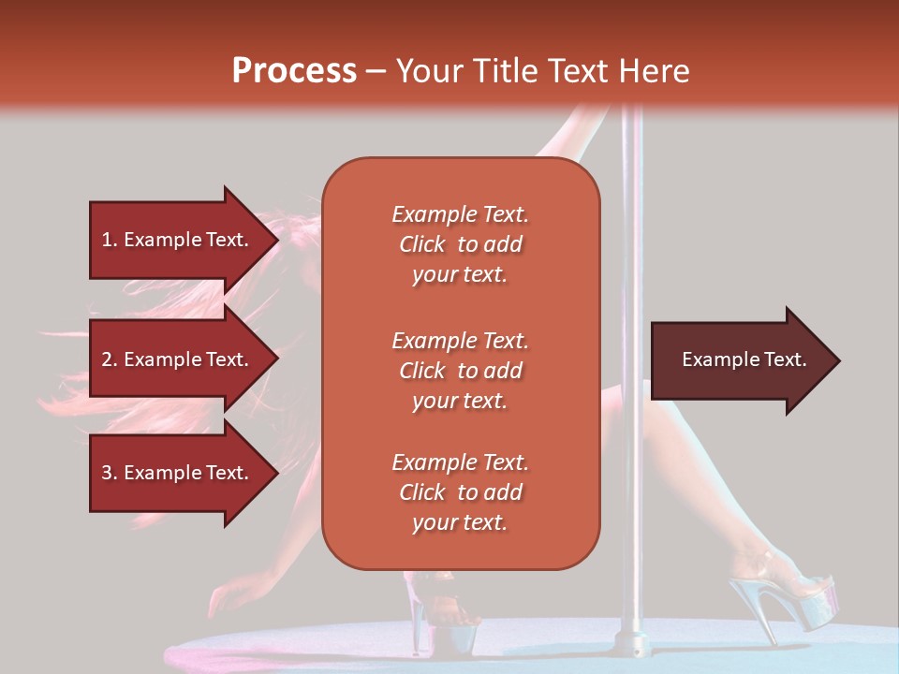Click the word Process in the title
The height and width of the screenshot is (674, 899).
[294, 71]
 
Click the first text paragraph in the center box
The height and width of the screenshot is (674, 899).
[460, 244]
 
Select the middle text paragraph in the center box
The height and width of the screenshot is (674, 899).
[460, 371]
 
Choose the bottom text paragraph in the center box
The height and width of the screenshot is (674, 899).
[460, 492]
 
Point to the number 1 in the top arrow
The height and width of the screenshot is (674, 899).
[106, 240]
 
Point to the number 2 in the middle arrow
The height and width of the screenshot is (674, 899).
[107, 359]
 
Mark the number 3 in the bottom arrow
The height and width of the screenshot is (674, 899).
[107, 473]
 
